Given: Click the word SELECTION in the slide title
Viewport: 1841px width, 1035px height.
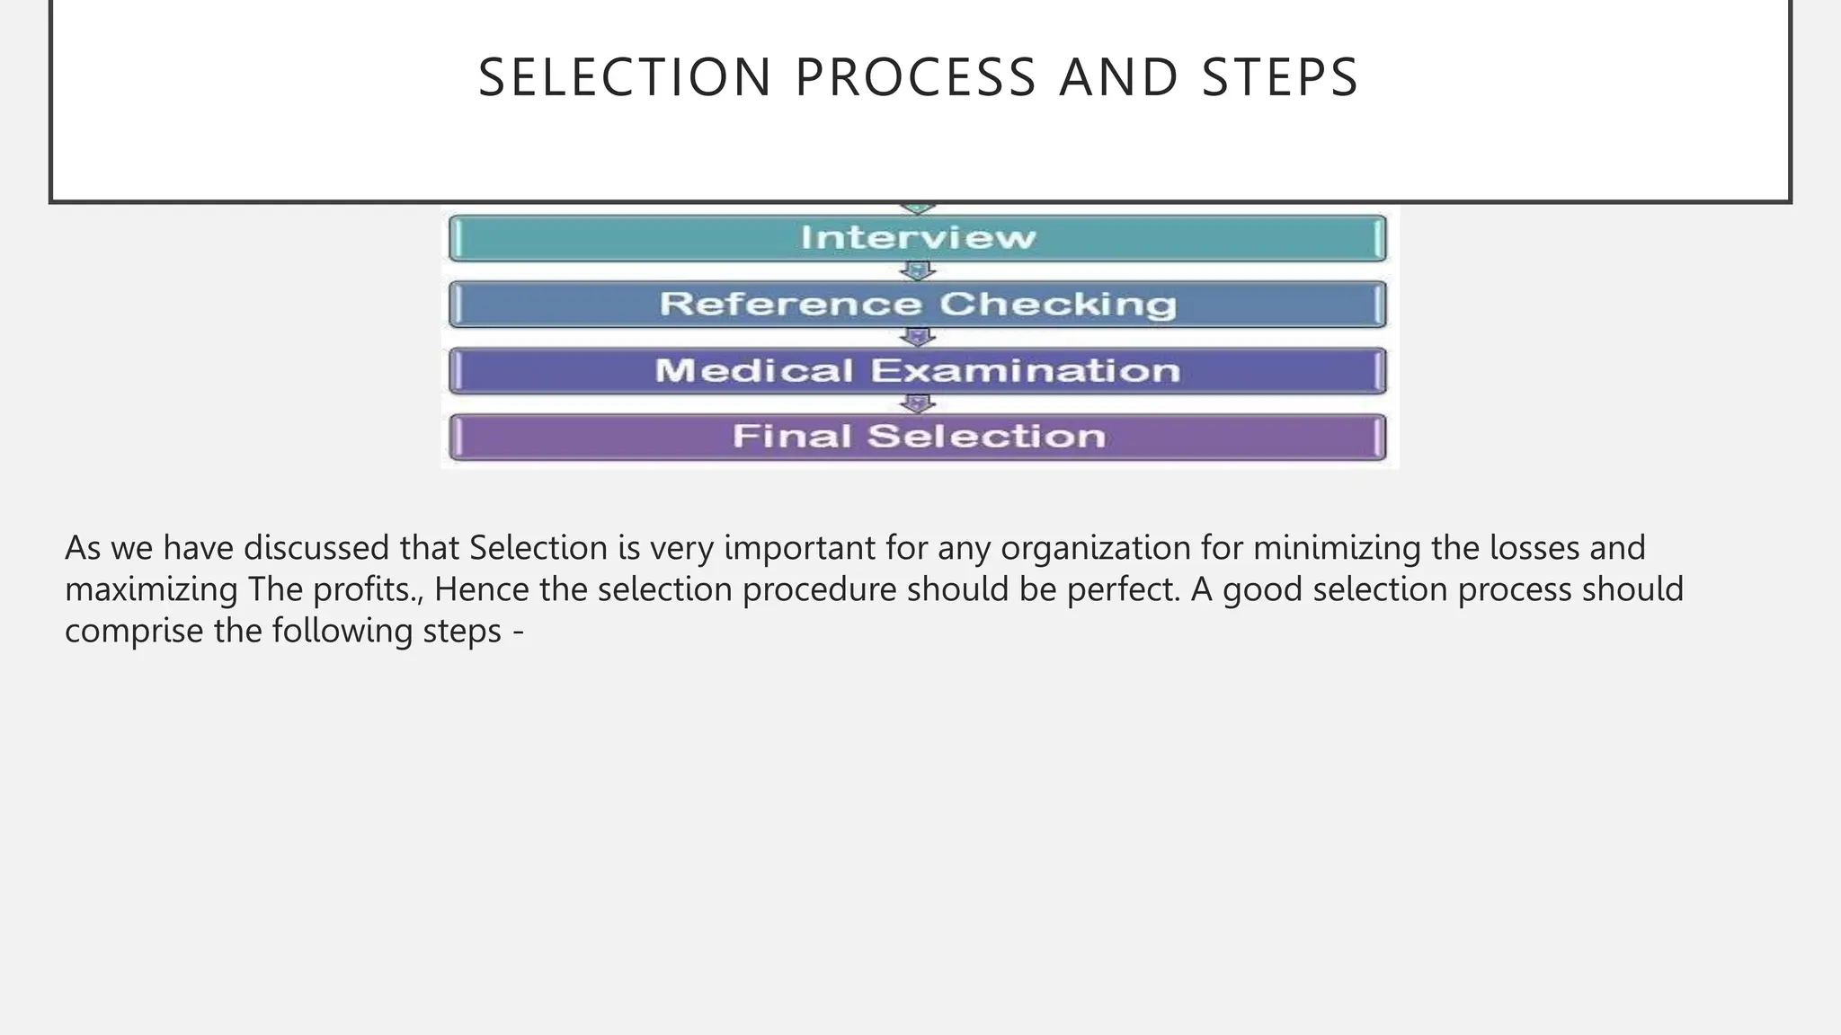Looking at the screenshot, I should tap(625, 77).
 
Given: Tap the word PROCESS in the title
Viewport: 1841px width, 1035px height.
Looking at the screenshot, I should tap(916, 77).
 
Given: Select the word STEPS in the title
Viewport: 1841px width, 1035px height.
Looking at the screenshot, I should tap(1280, 77).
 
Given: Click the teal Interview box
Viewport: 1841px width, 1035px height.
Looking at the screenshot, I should tap(917, 238).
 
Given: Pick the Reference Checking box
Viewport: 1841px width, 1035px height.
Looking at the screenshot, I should tap(917, 305).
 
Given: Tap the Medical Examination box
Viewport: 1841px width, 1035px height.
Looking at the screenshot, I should tap(917, 371).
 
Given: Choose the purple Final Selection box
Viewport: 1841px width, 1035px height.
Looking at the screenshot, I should tap(917, 437).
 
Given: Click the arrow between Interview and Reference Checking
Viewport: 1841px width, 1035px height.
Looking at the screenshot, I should tap(917, 270).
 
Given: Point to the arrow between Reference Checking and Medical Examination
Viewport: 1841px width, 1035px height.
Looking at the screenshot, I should tap(917, 337).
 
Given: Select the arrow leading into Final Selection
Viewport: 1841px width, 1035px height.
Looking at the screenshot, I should tap(917, 403).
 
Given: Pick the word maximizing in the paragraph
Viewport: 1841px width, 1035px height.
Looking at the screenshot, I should tap(151, 590).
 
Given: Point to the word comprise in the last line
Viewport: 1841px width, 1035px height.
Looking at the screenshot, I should tap(134, 632).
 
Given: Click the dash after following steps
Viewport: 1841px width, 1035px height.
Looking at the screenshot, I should tap(518, 632).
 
